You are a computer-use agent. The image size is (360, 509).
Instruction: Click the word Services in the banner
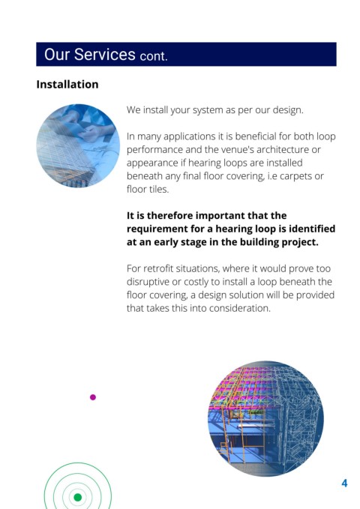point(104,54)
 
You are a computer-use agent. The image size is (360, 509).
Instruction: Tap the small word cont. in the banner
point(154,56)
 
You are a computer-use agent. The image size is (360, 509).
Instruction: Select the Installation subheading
point(67,85)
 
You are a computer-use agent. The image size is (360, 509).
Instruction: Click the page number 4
point(344,484)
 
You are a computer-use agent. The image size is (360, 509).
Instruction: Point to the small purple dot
point(93,397)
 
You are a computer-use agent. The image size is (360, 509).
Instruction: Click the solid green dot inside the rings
point(78,497)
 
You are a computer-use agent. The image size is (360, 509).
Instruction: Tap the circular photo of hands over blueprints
point(78,145)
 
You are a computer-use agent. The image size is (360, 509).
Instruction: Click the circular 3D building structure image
point(265,419)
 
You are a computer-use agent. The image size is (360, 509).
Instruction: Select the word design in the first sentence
point(287,110)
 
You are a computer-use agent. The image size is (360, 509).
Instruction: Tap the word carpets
point(297,176)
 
